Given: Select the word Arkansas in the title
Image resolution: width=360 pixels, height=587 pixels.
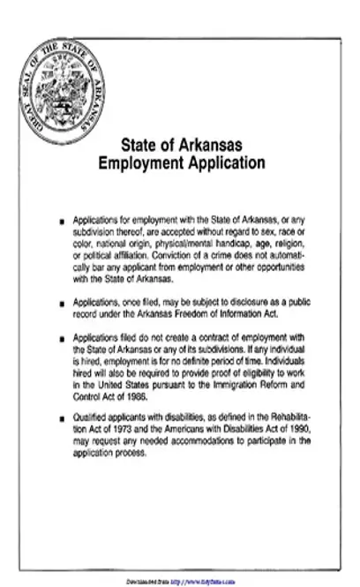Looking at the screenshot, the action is pos(208,146).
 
